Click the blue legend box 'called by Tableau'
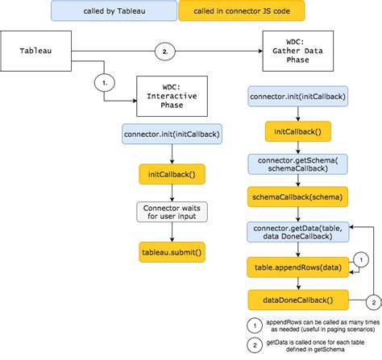(x=114, y=11)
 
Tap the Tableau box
(x=37, y=50)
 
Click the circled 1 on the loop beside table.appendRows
(x=363, y=260)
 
